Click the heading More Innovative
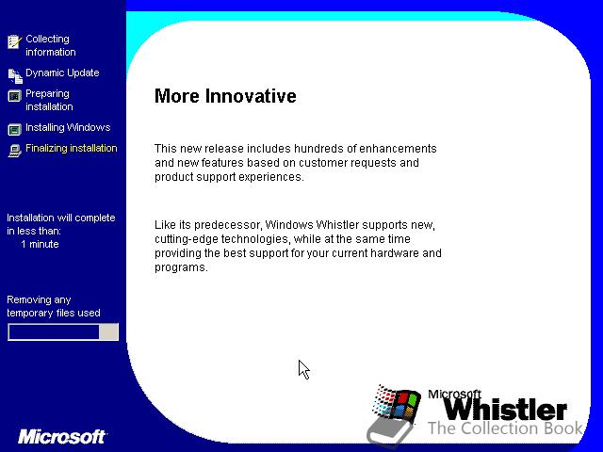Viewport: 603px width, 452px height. [225, 96]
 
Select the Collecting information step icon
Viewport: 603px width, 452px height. [15, 41]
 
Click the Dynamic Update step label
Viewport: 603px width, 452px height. [62, 73]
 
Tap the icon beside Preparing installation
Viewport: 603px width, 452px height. [15, 96]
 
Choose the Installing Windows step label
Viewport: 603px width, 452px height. [68, 127]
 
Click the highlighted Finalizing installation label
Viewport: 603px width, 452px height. [72, 148]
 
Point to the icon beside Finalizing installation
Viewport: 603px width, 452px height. [15, 151]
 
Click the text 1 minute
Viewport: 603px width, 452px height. [40, 244]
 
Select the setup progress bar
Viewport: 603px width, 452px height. [63, 332]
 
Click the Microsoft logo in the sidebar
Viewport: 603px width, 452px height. [61, 437]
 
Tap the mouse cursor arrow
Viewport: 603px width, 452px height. [303, 369]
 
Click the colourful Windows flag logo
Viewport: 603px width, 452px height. [396, 403]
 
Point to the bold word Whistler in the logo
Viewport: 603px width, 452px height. [505, 409]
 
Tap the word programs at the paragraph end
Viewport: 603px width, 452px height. [181, 267]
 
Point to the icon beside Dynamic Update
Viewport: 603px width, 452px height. [15, 75]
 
